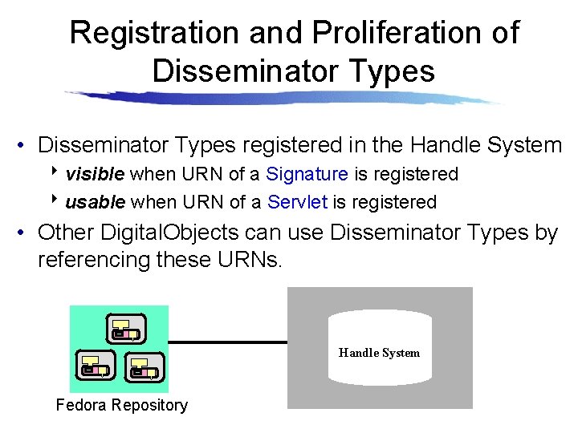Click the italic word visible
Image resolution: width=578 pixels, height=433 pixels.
[x=95, y=174]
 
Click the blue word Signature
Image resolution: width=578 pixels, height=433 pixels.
[x=307, y=174]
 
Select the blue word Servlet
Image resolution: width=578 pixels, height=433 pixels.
[x=297, y=202]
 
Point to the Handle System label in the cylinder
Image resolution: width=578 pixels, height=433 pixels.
[x=379, y=353]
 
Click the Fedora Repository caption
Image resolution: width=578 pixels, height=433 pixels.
[x=121, y=405]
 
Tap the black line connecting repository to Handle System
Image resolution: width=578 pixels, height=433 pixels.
[x=227, y=342]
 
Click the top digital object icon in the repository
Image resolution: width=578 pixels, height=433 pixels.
[x=124, y=329]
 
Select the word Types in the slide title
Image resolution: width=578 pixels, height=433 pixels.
[x=392, y=71]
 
